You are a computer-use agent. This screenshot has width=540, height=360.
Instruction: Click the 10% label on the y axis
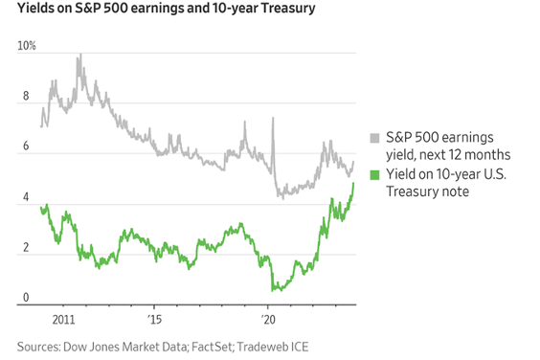pos(26,47)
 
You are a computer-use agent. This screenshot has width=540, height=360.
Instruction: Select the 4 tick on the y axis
pos(25,198)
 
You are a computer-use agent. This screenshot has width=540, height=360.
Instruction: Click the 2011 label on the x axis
pos(64,317)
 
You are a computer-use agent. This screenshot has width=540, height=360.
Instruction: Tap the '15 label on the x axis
pos(155,317)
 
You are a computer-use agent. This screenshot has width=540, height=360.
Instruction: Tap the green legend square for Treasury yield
pos(374,175)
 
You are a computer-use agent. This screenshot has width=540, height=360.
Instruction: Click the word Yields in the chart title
pos(37,11)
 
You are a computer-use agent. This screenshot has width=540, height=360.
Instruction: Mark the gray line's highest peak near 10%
pos(79,55)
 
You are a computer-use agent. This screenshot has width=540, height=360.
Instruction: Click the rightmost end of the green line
pos(353,183)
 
